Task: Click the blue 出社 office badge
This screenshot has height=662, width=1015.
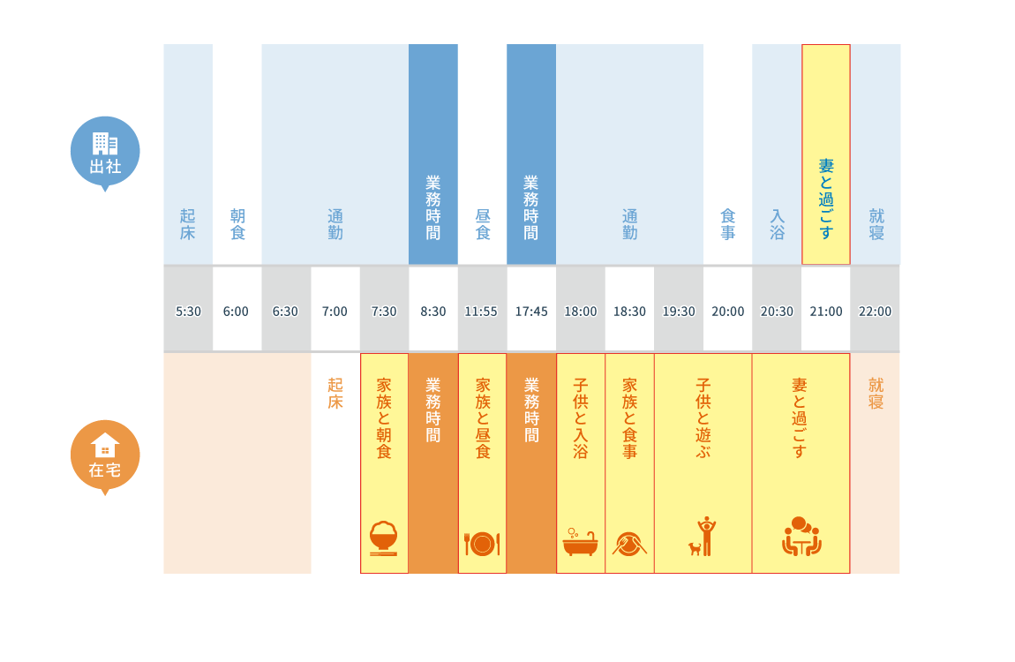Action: click(105, 153)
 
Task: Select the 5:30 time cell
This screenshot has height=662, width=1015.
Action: click(188, 312)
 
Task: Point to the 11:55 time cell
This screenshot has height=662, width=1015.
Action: click(481, 312)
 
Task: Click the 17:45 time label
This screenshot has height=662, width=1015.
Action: click(530, 312)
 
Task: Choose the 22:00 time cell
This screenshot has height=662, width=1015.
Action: click(876, 312)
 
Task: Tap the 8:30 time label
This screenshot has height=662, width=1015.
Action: click(433, 312)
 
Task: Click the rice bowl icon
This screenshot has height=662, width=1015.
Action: click(384, 538)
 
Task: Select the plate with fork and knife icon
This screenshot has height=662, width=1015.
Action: click(482, 544)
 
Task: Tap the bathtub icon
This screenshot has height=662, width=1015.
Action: click(580, 542)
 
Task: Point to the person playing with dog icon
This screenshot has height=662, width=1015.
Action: click(703, 537)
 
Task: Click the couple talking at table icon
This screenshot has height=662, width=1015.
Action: click(801, 537)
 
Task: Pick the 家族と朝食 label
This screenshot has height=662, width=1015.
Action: click(384, 418)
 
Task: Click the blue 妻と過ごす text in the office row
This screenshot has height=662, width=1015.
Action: click(826, 199)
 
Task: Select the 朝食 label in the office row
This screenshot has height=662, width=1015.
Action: click(237, 224)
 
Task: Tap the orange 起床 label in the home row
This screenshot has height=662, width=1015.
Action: click(335, 394)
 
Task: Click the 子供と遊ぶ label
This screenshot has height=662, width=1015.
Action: click(703, 418)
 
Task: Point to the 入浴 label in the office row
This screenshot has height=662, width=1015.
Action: click(777, 224)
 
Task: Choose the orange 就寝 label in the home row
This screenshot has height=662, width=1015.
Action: click(876, 394)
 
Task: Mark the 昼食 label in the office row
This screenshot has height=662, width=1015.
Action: click(482, 224)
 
